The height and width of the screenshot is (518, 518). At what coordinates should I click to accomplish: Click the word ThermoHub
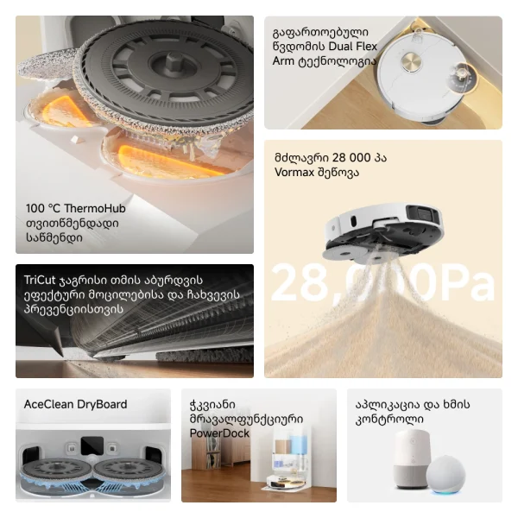[95, 208]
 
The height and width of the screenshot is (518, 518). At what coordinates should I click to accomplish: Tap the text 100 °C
[43, 208]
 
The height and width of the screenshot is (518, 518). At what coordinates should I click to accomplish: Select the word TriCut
[40, 280]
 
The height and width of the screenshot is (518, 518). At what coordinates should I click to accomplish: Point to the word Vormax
[294, 172]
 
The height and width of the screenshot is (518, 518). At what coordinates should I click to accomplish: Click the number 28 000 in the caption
[351, 158]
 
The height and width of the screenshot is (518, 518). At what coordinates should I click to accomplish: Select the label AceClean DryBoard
[75, 404]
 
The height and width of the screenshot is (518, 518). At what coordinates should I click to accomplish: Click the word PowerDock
[219, 433]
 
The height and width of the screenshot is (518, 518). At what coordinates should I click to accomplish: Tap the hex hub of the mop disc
[173, 62]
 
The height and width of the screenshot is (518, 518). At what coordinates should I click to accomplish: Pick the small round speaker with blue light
[445, 476]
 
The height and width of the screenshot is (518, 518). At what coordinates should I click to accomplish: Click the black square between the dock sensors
[92, 446]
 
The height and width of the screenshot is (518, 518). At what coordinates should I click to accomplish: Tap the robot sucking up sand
[383, 232]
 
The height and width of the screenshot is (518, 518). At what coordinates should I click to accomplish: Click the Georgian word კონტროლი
[389, 420]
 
